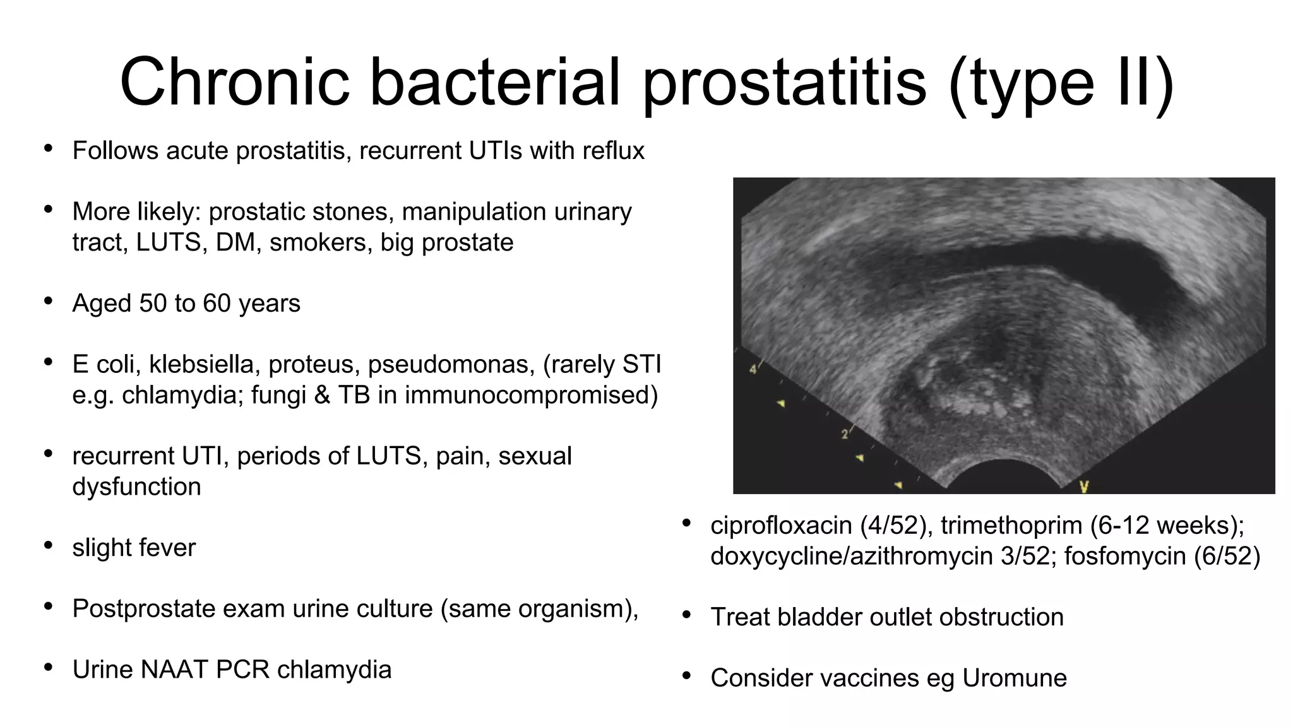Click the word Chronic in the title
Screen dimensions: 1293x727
(234, 82)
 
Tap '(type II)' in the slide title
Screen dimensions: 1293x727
(1061, 83)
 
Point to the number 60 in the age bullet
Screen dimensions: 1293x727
(217, 304)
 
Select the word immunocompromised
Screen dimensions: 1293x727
(531, 395)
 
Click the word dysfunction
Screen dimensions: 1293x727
(136, 487)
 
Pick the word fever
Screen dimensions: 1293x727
(166, 548)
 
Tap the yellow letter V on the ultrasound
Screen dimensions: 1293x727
(1084, 487)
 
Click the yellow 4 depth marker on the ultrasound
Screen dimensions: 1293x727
(753, 369)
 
